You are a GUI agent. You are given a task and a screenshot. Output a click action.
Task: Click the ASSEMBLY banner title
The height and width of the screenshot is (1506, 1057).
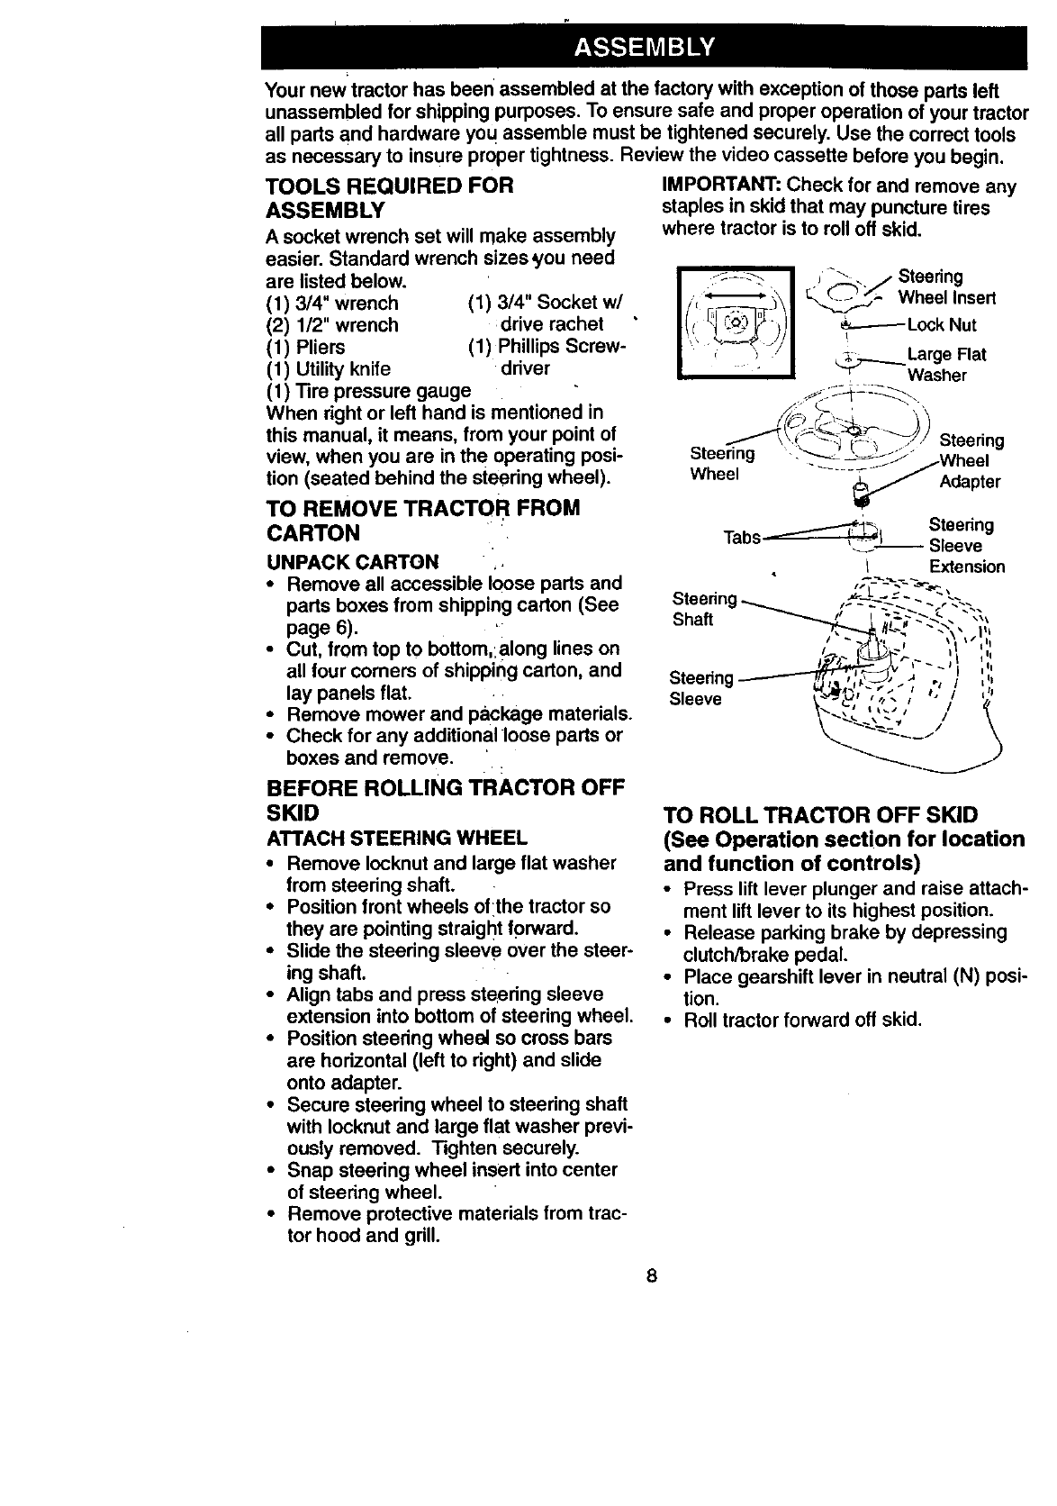point(644,47)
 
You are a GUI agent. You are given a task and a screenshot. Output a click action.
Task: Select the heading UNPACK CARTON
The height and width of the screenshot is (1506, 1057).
point(352,562)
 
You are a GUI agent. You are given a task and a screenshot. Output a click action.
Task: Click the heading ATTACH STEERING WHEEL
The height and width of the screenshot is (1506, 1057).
point(396,839)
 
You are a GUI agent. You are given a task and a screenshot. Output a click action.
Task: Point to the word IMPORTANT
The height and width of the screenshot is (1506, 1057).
point(720,186)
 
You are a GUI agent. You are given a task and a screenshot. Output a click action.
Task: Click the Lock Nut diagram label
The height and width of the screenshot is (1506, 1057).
point(941,325)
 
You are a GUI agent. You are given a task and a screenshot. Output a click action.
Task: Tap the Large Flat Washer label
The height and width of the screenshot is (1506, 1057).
point(945,365)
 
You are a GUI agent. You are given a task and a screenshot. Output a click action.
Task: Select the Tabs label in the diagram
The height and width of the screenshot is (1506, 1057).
point(743,538)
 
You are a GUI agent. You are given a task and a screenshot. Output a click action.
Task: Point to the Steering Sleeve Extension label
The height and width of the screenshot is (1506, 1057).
point(966,546)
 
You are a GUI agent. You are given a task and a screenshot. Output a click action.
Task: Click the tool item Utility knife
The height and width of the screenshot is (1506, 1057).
point(328,368)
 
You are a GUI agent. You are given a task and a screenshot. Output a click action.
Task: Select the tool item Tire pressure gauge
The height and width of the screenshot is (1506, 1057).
point(368,391)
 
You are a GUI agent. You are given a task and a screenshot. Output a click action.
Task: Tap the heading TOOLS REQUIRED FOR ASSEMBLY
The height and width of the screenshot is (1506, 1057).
point(389,198)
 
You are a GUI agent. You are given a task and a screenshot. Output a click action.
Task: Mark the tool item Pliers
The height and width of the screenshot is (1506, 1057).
point(305,347)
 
